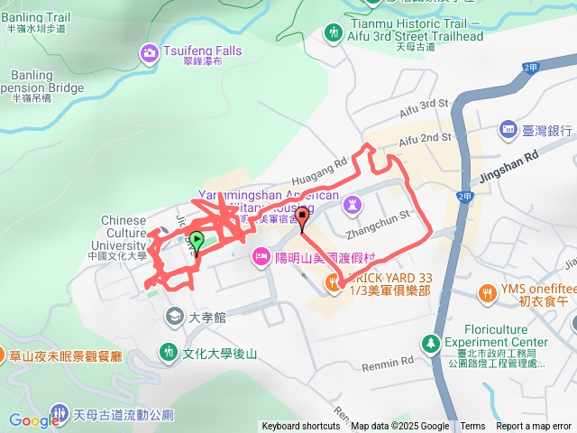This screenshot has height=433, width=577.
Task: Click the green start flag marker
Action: pyautogui.click(x=196, y=241)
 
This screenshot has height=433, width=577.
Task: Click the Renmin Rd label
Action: pyautogui.click(x=387, y=363)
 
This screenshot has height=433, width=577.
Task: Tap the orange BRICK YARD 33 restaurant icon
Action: pyautogui.click(x=334, y=283)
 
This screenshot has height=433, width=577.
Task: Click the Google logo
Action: pyautogui.click(x=33, y=420)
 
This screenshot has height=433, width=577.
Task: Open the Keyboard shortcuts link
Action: pyautogui.click(x=301, y=427)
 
